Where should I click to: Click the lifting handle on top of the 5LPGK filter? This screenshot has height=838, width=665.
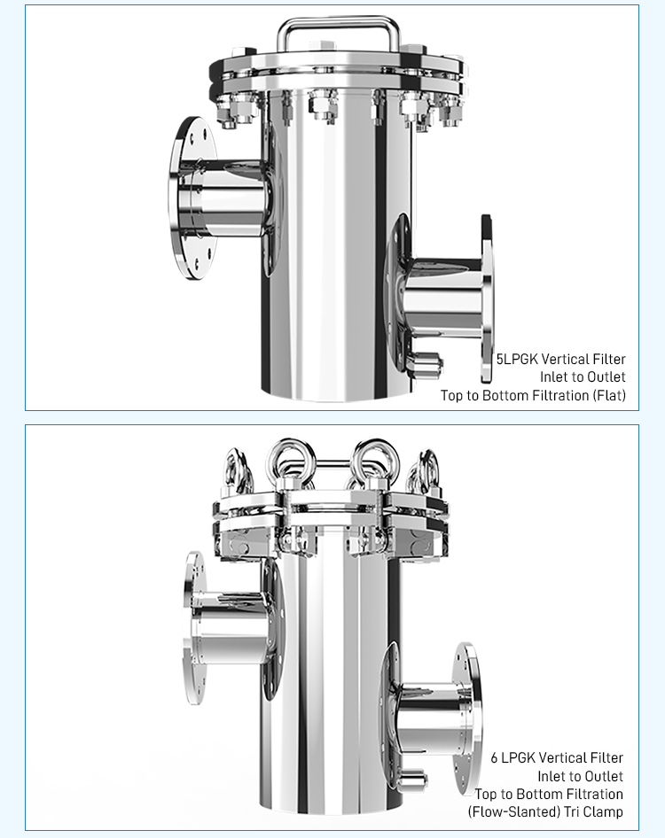[337, 20]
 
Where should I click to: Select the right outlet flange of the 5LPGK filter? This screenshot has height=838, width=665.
[486, 299]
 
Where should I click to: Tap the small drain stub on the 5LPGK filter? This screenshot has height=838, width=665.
[429, 363]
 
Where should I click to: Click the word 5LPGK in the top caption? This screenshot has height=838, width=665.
[517, 359]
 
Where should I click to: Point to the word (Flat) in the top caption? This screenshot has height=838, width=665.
[609, 395]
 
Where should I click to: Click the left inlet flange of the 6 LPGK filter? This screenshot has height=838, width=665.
[193, 629]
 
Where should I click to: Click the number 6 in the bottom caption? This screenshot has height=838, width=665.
[494, 758]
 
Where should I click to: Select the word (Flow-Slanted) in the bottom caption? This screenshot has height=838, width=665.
[513, 811]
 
